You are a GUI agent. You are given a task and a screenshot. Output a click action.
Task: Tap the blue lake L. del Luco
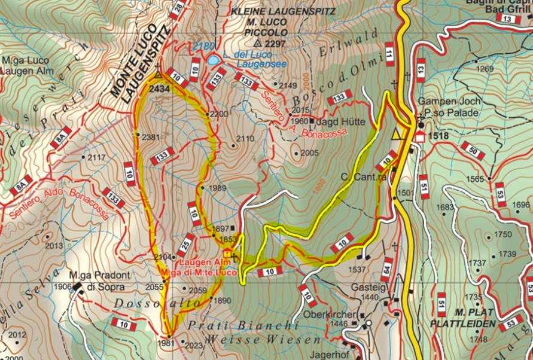[214, 60]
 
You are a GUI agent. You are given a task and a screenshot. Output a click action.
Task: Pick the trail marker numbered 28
[177, 8]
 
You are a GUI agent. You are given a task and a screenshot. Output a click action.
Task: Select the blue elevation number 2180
[205, 46]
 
